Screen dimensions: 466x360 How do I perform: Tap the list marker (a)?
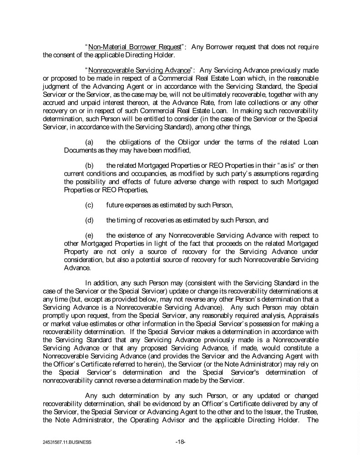[90, 142]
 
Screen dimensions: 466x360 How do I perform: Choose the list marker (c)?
[90, 205]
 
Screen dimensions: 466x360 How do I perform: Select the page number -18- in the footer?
[180, 441]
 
